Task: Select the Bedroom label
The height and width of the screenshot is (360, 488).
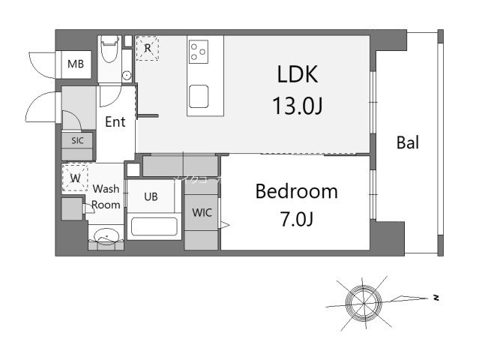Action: pos(296,191)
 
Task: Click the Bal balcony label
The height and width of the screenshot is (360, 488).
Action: pos(407,143)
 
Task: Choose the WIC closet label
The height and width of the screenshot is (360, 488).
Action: pos(202,213)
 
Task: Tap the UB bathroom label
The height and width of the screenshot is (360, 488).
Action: pos(151,196)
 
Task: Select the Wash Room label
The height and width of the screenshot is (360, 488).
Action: pos(106,197)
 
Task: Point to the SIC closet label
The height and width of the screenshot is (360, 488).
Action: pos(77,140)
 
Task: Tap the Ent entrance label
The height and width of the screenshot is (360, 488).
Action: pos(115,122)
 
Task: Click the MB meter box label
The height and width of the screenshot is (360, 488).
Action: pos(76,64)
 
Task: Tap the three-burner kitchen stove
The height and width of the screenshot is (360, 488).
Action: pos(199,51)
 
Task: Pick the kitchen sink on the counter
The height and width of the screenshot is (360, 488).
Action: pos(199,96)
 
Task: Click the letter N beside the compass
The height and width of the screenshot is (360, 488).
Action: pos(435,298)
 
